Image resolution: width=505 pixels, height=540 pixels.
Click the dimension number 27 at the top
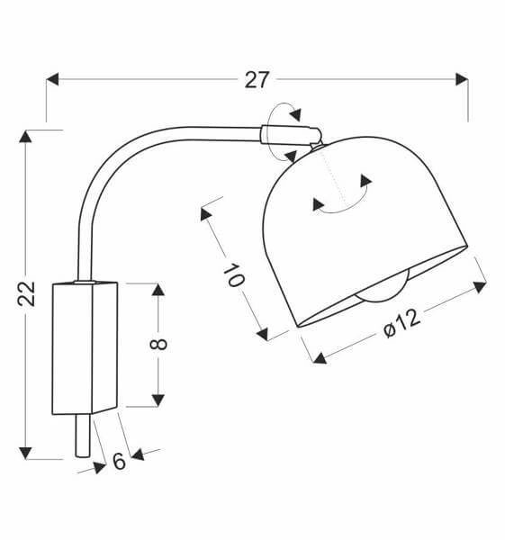[x=257, y=79]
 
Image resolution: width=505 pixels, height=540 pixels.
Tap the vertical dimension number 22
[x=28, y=293]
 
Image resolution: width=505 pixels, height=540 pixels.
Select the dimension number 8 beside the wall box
[x=159, y=344]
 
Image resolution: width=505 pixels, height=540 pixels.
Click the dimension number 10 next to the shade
[x=232, y=274]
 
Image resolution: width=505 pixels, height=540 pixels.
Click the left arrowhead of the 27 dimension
[x=52, y=79]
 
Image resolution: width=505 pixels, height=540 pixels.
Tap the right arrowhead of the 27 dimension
[x=462, y=79]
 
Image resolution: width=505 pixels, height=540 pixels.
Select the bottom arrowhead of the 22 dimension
[x=27, y=452]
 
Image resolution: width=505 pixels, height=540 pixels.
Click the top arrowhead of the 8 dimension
[x=158, y=289]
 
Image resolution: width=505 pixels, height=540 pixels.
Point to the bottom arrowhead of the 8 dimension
[x=158, y=400]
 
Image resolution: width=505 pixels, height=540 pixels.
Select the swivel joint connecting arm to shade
[x=288, y=136]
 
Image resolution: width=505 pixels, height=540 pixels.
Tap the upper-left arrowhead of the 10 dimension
[x=206, y=214]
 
